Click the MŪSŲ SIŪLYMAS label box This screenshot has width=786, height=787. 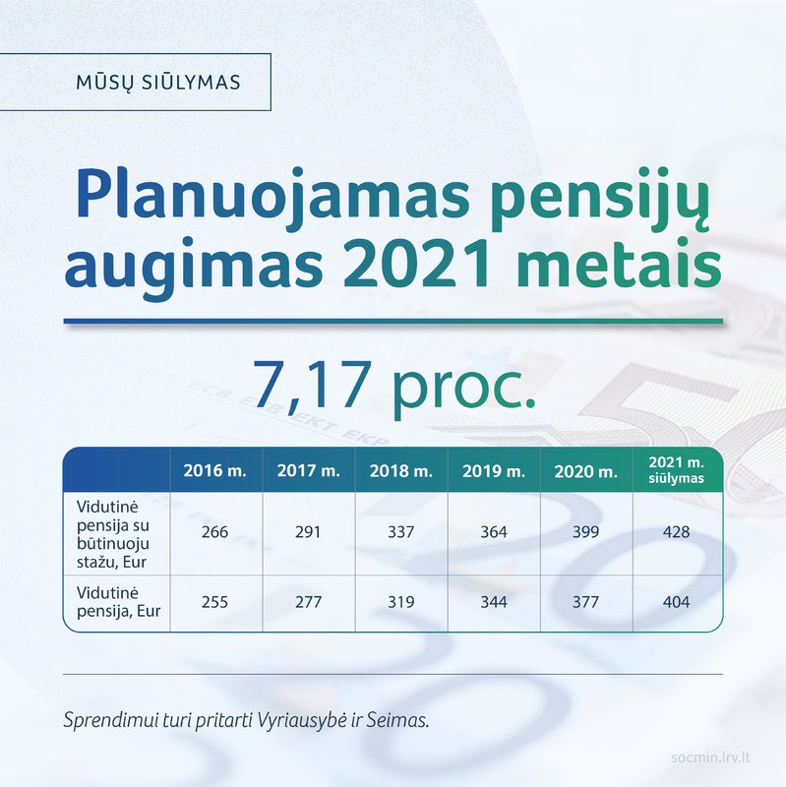coord(135,82)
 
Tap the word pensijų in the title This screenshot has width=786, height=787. coord(600,200)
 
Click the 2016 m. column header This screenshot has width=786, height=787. coord(214,470)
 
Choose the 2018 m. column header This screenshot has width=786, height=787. coord(401,471)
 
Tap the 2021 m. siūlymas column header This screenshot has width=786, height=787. coord(676,470)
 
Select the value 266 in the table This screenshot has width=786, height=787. coord(214,532)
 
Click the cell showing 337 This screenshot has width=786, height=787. coord(401,532)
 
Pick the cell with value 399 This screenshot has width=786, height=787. coord(585,532)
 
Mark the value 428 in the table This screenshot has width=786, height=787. coord(676,532)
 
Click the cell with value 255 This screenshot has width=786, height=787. coord(214,602)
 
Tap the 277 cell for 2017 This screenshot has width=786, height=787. coord(308,602)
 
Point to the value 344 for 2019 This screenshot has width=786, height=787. coord(494,602)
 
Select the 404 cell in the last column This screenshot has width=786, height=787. coord(676,602)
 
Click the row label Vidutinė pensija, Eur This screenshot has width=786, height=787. coord(118,602)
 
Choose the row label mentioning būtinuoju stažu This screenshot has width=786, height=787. coord(113,534)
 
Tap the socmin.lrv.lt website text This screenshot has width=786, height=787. coord(710,757)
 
